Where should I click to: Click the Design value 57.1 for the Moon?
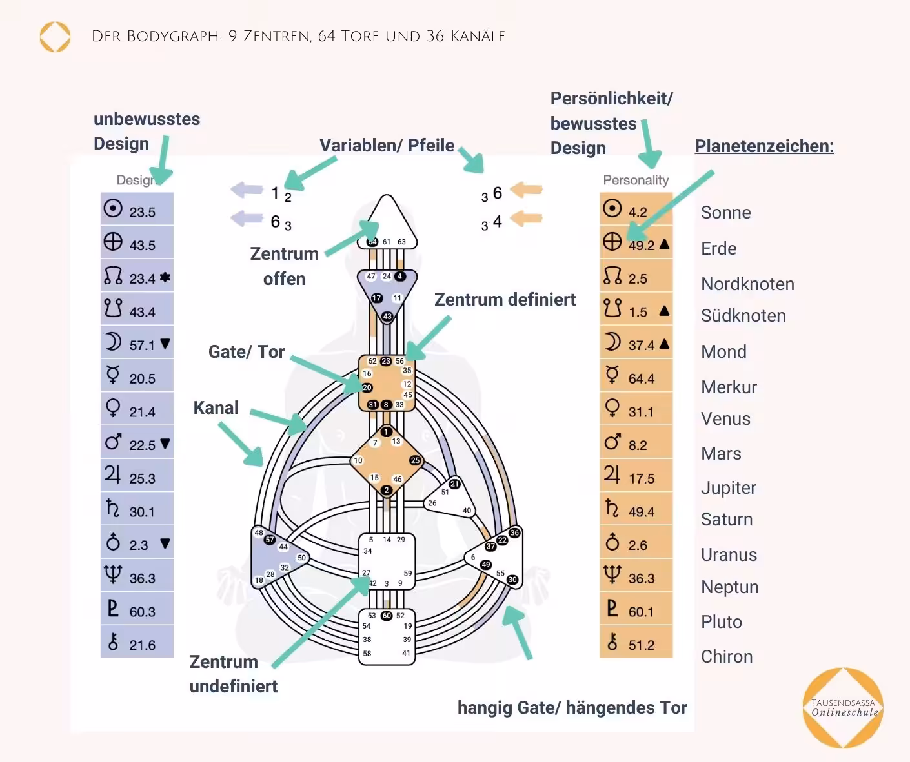pos(142,345)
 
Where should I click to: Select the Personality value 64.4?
pos(641,378)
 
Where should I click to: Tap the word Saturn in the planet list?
pos(727,520)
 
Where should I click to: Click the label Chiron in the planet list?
pos(727,656)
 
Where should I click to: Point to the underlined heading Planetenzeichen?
pos(764,146)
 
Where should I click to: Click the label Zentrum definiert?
pos(505,300)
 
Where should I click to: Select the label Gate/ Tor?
pos(247,352)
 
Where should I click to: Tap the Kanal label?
pos(216,408)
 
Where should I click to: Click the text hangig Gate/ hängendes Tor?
pos(572,708)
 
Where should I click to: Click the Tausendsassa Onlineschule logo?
pos(844,708)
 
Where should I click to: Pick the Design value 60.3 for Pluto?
pos(142,612)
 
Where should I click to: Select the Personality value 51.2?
pos(641,645)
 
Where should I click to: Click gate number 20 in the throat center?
pos(367,387)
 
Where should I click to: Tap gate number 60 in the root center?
pos(387,616)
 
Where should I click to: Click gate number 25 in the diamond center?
pos(415,460)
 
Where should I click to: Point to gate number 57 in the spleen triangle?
pos(270,540)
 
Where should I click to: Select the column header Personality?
pos(636,180)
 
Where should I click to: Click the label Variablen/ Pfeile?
pos(387,146)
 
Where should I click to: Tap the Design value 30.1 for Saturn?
pos(142,512)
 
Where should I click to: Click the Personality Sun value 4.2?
pos(638,212)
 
